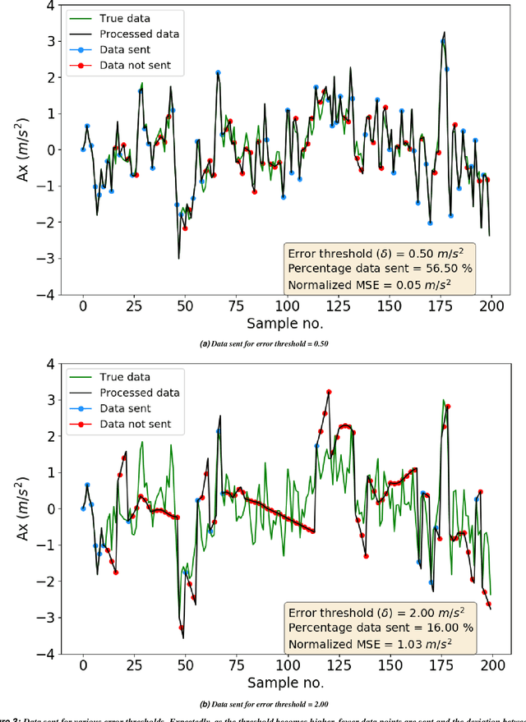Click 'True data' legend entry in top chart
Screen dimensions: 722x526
tap(125, 17)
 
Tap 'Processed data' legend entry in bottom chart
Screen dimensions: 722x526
tap(139, 393)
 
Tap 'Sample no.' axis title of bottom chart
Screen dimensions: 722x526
tap(285, 683)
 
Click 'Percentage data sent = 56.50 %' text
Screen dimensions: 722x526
tap(378, 269)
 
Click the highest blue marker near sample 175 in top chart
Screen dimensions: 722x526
tap(443, 40)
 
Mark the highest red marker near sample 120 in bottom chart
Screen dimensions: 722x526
tap(329, 393)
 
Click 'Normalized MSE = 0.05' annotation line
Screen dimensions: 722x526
tap(368, 284)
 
